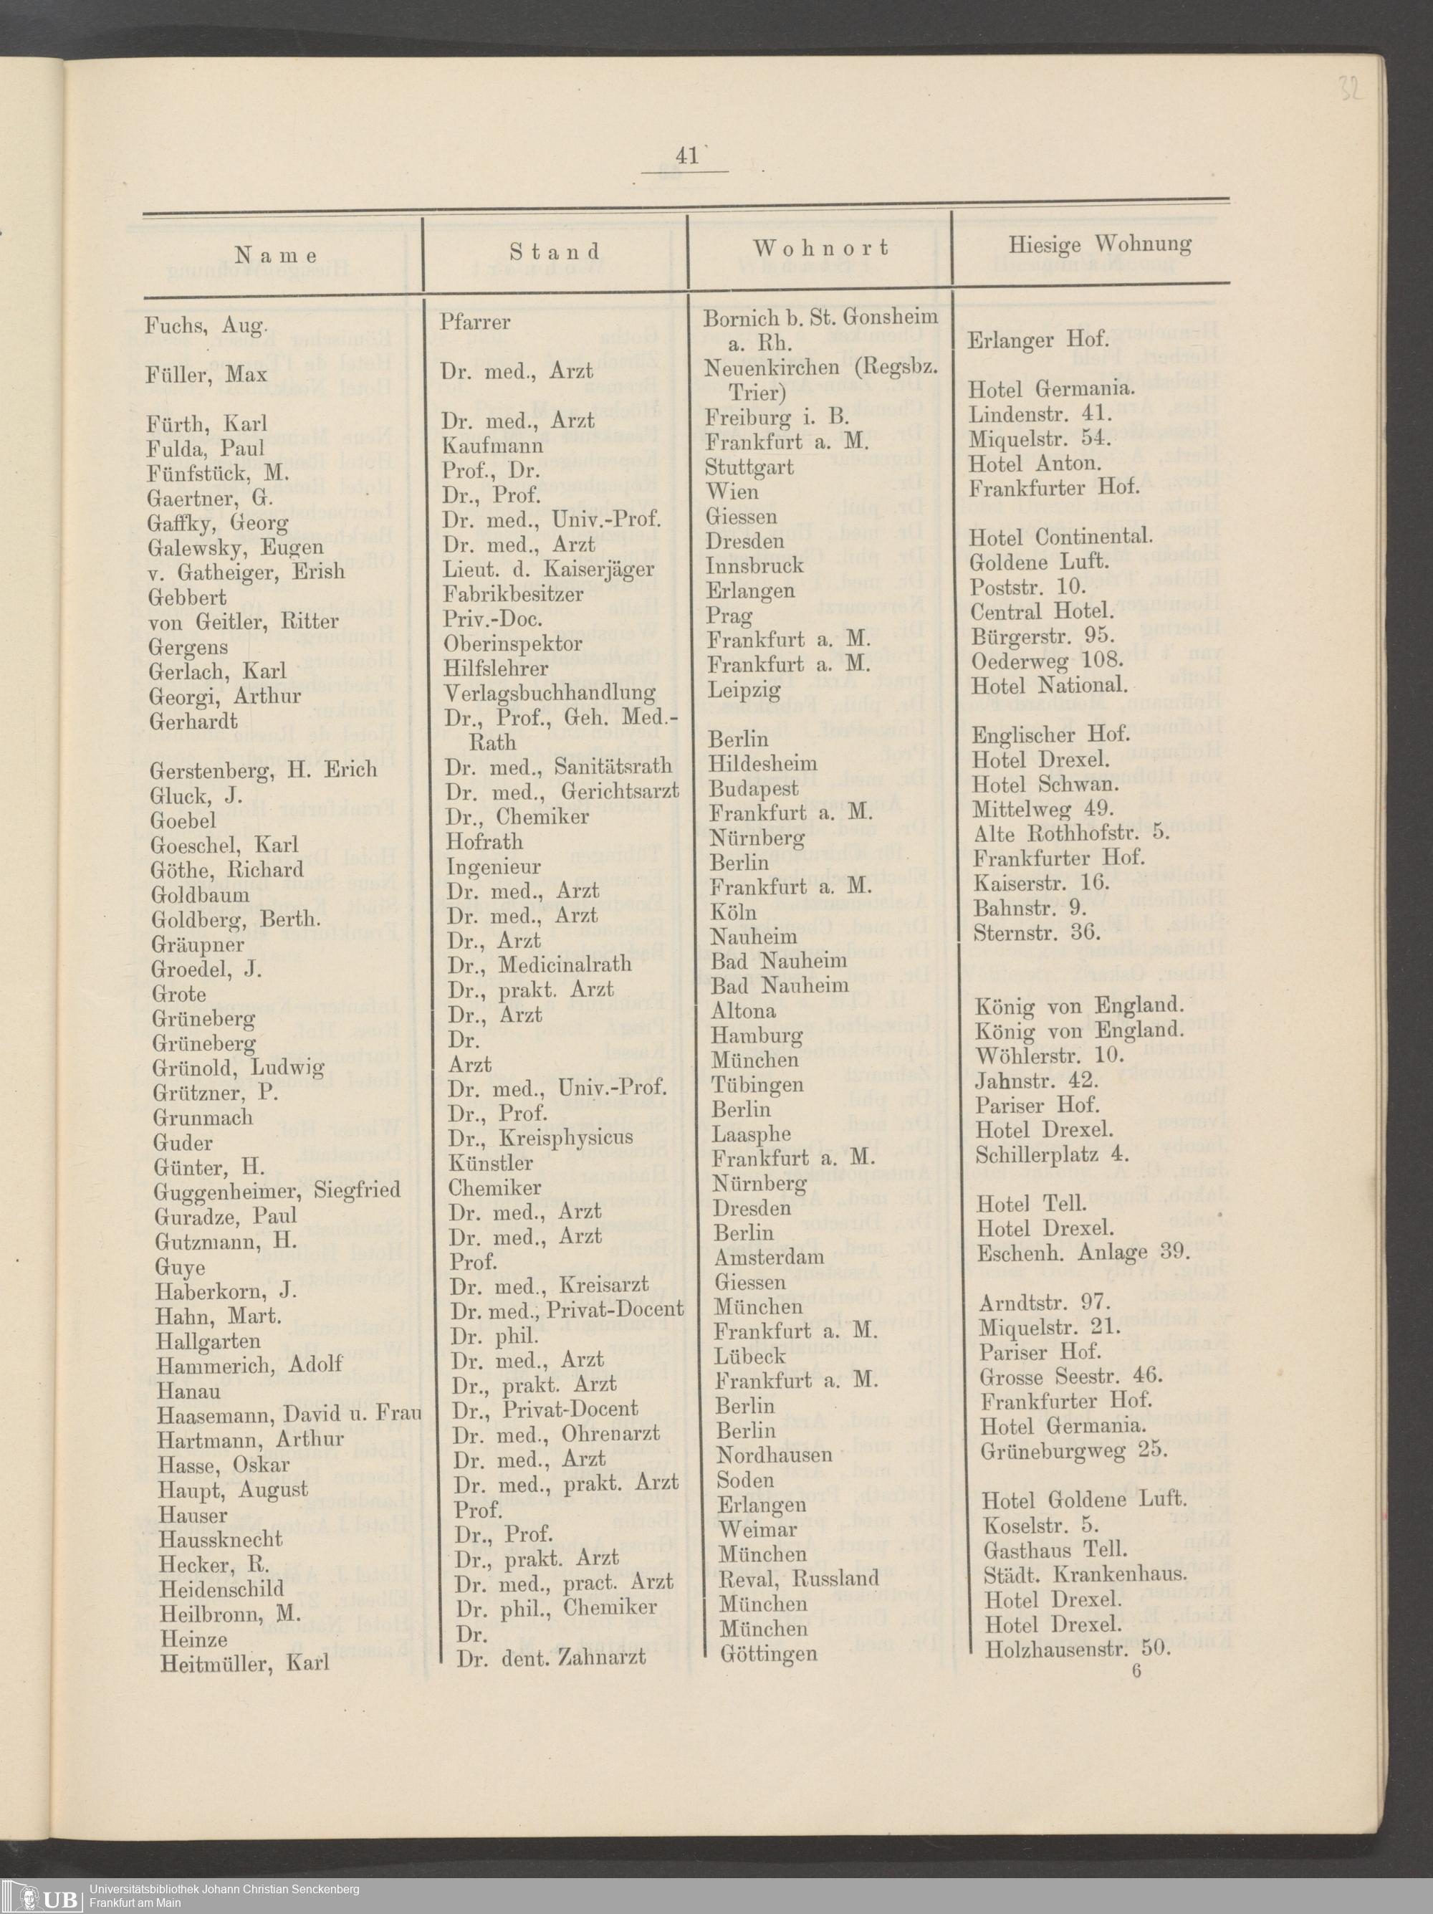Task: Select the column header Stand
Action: pos(555,252)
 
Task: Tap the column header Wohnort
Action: pos(820,249)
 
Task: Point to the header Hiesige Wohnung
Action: pos(1099,245)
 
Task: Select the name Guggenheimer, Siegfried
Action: pos(277,1192)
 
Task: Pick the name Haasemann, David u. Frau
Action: pos(289,1415)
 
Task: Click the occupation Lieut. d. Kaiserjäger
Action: pos(549,570)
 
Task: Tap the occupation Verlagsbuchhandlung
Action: pos(550,693)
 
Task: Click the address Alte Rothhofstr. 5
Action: pos(1070,833)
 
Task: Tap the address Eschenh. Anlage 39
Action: pos(1083,1253)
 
